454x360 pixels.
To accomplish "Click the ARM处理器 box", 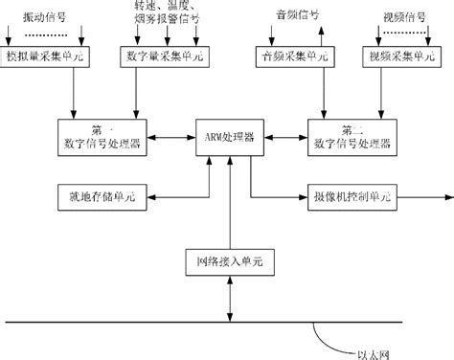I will point(227,137).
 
